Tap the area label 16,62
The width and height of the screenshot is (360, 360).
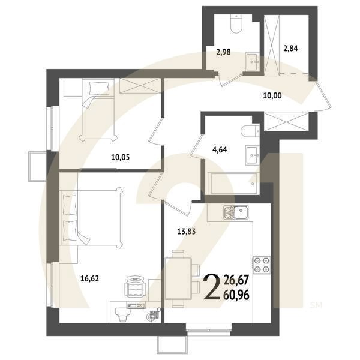pyautogui.click(x=89, y=278)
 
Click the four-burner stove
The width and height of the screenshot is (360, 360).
pyautogui.click(x=262, y=265)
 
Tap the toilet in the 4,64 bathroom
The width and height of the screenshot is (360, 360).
pyautogui.click(x=249, y=131)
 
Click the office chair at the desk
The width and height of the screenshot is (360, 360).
pyautogui.click(x=136, y=287)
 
